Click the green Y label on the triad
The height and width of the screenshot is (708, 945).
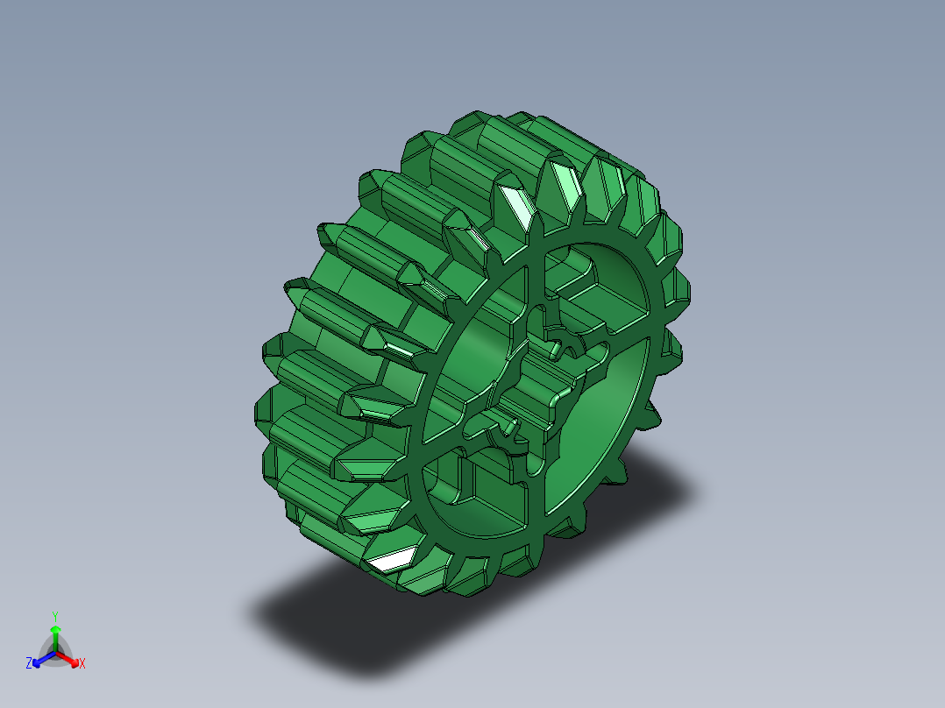coord(54,616)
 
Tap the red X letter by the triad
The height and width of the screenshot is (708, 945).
coord(82,664)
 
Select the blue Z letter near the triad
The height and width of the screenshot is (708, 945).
coord(29,664)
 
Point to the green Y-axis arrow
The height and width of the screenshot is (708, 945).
coord(54,633)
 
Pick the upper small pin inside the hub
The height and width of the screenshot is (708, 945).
coord(556,350)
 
